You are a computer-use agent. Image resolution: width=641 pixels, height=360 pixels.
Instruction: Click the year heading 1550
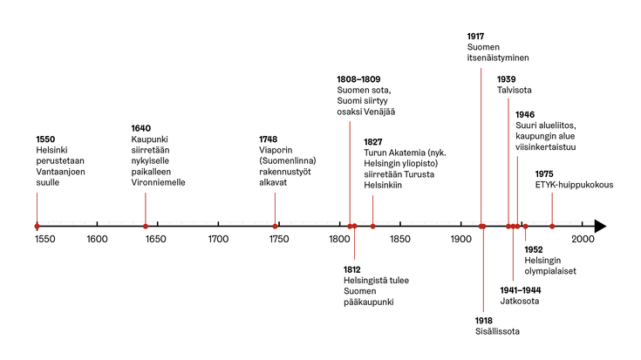coord(46,139)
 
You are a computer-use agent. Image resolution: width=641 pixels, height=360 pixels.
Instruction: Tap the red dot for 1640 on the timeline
coord(146,226)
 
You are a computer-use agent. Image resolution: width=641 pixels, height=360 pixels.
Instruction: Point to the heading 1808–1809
coord(358,79)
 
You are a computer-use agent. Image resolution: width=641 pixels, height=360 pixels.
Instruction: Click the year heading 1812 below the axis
coord(352,269)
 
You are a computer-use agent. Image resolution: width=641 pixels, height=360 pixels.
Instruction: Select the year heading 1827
coord(374,141)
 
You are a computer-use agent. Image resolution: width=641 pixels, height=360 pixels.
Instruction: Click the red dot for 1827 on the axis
coord(373,226)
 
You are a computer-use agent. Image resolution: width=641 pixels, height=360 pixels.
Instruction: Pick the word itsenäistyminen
coord(497,58)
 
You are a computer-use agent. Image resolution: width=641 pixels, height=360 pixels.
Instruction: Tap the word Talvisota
coord(515,91)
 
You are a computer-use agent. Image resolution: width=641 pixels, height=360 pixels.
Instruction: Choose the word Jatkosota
coord(519,302)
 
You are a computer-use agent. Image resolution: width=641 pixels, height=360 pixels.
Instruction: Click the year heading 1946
coord(525,114)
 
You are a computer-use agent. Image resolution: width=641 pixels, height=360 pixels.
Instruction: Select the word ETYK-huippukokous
coord(575,185)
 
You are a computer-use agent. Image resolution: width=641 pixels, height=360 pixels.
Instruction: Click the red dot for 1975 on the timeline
coord(552,226)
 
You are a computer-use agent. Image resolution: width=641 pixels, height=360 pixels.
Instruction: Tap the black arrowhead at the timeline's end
coord(600,226)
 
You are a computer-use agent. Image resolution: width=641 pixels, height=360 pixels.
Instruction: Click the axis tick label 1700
coord(218,240)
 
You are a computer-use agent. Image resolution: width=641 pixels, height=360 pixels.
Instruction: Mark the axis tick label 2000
coord(583,240)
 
